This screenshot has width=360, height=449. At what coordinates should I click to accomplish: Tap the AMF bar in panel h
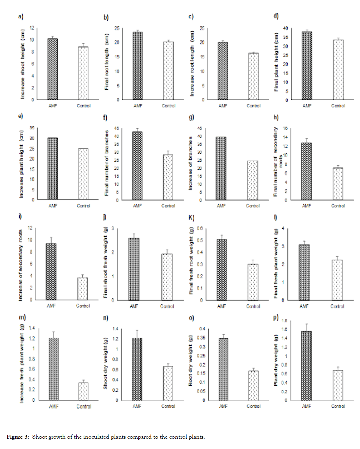click(x=306, y=171)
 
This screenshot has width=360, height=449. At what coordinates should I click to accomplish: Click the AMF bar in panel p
click(x=306, y=365)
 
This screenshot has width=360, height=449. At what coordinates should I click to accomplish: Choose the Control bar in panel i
click(x=83, y=289)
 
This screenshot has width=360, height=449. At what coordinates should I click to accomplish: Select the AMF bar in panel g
click(x=221, y=168)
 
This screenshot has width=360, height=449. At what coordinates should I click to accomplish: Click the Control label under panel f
click(x=168, y=206)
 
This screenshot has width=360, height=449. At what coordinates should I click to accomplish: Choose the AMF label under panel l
click(x=304, y=306)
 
